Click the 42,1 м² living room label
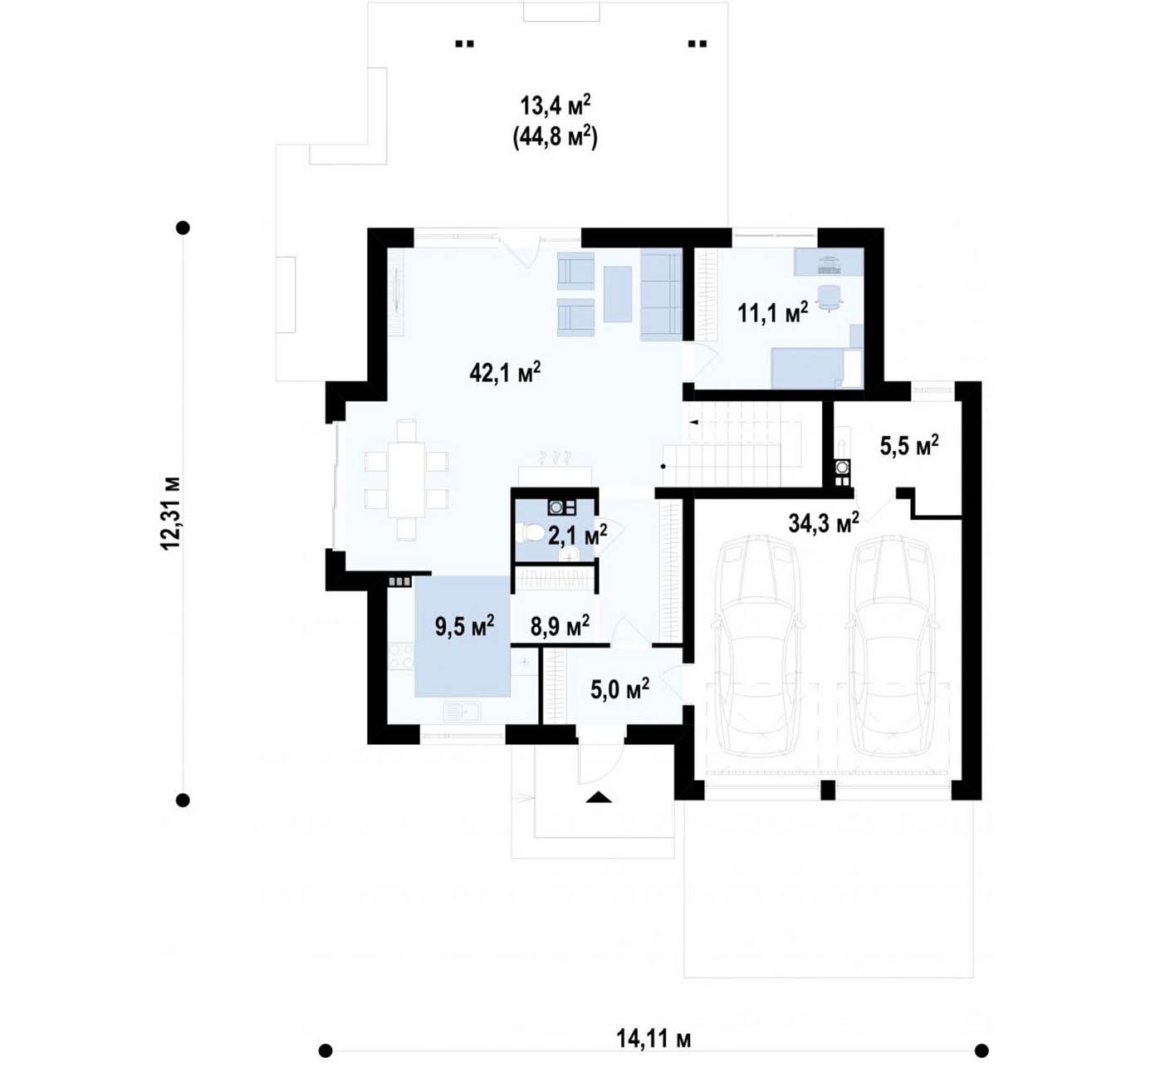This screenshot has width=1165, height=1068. [505, 372]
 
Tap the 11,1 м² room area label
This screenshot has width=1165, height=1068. [772, 312]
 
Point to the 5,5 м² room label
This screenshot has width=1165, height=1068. [909, 446]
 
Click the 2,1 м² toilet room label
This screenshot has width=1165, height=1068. [578, 535]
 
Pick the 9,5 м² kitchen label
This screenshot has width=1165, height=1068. [465, 626]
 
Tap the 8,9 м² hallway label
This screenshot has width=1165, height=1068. [560, 626]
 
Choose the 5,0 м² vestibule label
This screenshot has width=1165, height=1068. [619, 690]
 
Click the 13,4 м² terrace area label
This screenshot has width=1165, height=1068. [556, 106]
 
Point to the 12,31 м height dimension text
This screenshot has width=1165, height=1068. [170, 513]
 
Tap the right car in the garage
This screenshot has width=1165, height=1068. [892, 646]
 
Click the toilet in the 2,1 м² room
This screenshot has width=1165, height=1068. [528, 532]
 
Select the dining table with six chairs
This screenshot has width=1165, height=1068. [407, 480]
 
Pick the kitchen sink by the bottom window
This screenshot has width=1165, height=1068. [462, 712]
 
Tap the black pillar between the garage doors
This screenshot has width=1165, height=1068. [828, 791]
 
